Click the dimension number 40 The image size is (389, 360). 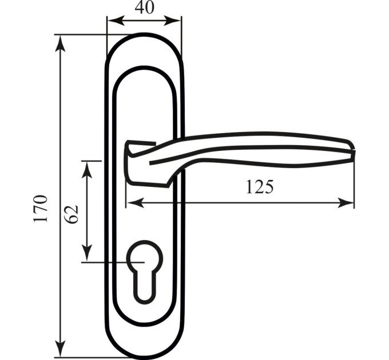(x=145, y=7)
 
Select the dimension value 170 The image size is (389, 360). (x=41, y=209)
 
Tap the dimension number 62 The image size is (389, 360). (x=72, y=214)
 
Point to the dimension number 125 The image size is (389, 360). (x=260, y=187)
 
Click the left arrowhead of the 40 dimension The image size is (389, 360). (x=116, y=21)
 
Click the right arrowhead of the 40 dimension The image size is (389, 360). (x=172, y=21)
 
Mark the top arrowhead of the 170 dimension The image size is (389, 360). (x=60, y=43)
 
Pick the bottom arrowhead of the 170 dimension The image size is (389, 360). (x=60, y=349)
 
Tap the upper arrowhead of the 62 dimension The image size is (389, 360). (x=87, y=170)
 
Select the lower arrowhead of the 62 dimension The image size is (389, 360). (x=87, y=253)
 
